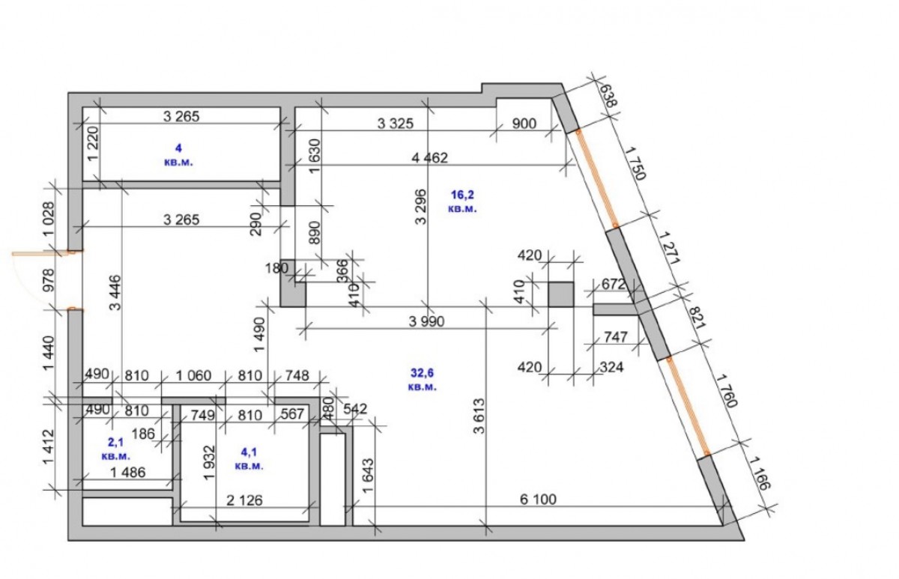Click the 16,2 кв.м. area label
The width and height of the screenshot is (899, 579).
tap(462, 201)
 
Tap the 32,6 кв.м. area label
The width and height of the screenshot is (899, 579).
tap(423, 380)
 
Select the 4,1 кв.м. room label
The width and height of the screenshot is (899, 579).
tap(249, 459)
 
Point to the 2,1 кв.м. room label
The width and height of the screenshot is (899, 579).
tap(116, 449)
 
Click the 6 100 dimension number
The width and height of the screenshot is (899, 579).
tap(538, 499)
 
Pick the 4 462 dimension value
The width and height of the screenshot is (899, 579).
tap(429, 158)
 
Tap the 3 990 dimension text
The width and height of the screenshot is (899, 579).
tap(426, 321)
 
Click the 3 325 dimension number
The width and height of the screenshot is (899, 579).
tap(396, 124)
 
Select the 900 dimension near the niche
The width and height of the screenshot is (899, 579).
tap(524, 124)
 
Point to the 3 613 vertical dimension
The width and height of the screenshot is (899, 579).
tap(479, 416)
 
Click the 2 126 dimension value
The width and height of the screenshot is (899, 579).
tap(244, 500)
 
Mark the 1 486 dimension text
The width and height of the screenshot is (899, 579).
tap(127, 473)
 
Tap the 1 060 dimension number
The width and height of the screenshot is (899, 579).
tap(193, 375)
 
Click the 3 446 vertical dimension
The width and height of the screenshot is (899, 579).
tap(115, 293)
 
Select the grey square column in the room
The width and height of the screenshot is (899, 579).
tap(561, 294)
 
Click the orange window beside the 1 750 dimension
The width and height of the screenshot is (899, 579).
tap(597, 178)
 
